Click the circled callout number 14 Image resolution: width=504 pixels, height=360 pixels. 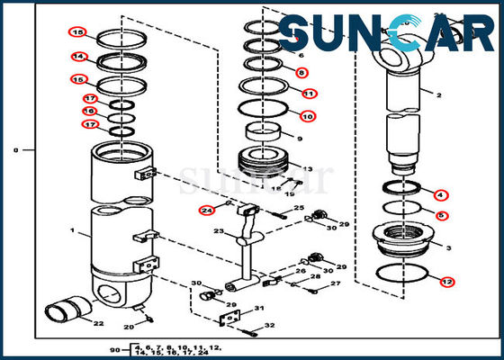pos(78,57)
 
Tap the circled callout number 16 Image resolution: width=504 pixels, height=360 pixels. pos(90,111)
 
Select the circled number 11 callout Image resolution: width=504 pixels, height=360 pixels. pos(309,93)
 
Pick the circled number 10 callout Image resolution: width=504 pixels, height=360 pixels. pos(307,116)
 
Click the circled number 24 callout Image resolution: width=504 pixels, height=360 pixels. pos(207,211)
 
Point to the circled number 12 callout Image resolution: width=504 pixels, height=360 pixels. pos(447,282)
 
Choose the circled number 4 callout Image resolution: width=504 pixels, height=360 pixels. pos(440,194)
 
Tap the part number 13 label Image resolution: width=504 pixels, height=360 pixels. pos(307,168)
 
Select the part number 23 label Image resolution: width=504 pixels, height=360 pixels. pos(217,231)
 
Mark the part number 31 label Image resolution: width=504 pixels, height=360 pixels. pos(258,310)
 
